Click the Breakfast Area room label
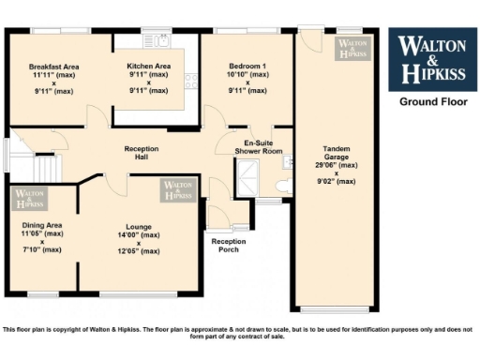pos(52,66)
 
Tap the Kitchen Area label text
pos(149,66)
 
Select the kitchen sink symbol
pos(160,40)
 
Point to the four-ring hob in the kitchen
pos(191,81)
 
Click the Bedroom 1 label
pos(247,66)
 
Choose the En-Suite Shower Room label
pos(257,145)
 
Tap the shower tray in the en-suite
pos(248,177)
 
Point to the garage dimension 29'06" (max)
pos(337,164)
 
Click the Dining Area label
pos(42,225)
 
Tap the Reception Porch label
pos(228,246)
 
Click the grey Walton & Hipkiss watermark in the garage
pos(353,48)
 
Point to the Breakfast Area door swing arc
pos(96,117)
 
